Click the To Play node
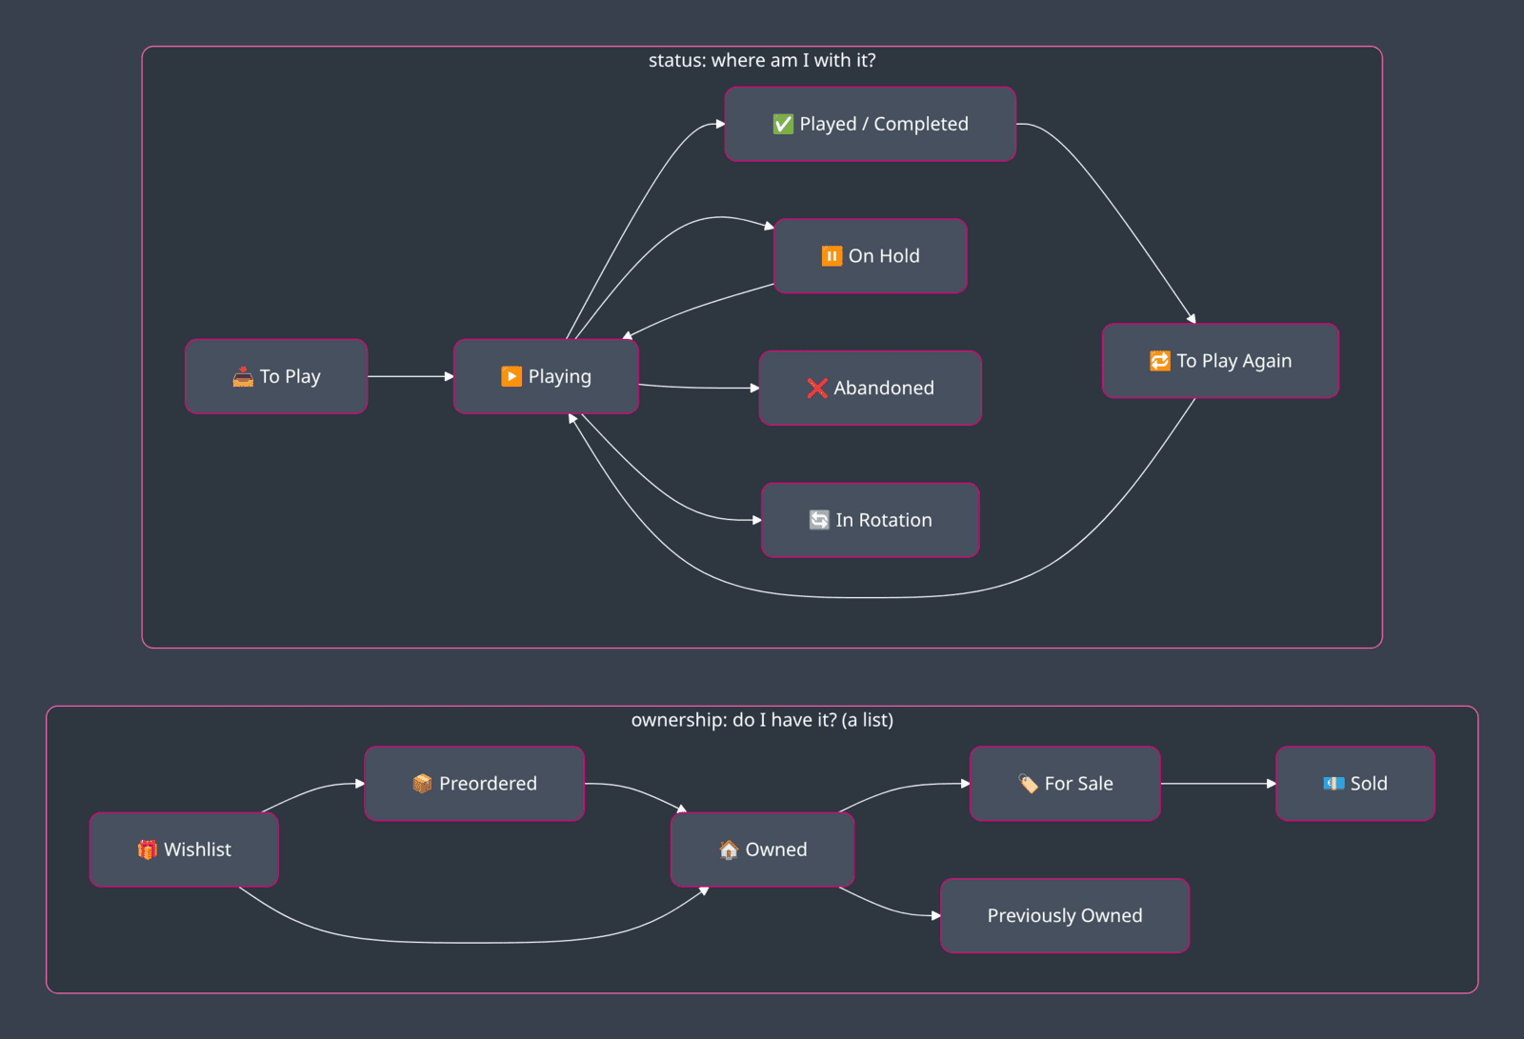tap(276, 376)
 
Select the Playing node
tap(546, 376)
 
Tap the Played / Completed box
tap(871, 124)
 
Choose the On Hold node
tap(871, 256)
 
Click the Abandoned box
tap(871, 388)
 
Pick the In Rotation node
tap(871, 520)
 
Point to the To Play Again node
tap(1220, 361)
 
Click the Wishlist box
tap(184, 849)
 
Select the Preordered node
tap(474, 783)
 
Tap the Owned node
tap(762, 849)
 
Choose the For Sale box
tap(1065, 783)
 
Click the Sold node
tap(1355, 783)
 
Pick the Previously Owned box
tap(1065, 915)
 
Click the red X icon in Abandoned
tap(816, 388)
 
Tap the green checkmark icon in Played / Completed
tap(783, 124)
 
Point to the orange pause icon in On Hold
tap(832, 256)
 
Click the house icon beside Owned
tap(729, 849)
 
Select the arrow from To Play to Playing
tap(411, 376)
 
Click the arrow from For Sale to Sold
tap(1218, 783)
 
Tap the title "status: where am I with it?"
tap(762, 61)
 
